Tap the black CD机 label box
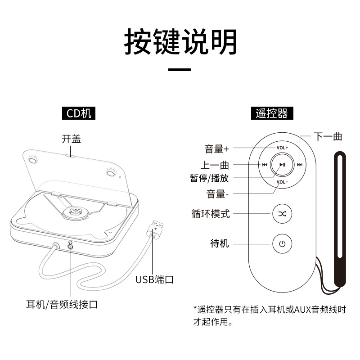(79, 113)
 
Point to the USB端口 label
(154, 279)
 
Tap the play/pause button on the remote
(282, 165)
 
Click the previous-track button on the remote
(265, 165)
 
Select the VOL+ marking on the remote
(282, 148)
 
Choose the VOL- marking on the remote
(282, 182)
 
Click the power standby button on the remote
(282, 244)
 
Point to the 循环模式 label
(210, 214)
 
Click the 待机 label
(220, 243)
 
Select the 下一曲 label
(328, 136)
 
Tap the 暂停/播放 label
(209, 178)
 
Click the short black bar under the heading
(180, 70)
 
